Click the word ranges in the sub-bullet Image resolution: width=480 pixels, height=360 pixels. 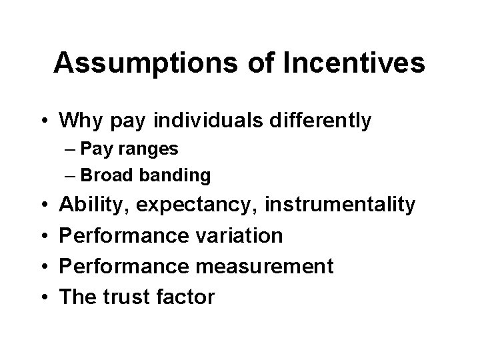pyautogui.click(x=154, y=149)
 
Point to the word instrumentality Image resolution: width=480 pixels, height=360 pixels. pyautogui.click(x=340, y=205)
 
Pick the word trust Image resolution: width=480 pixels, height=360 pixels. pyautogui.click(x=123, y=297)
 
